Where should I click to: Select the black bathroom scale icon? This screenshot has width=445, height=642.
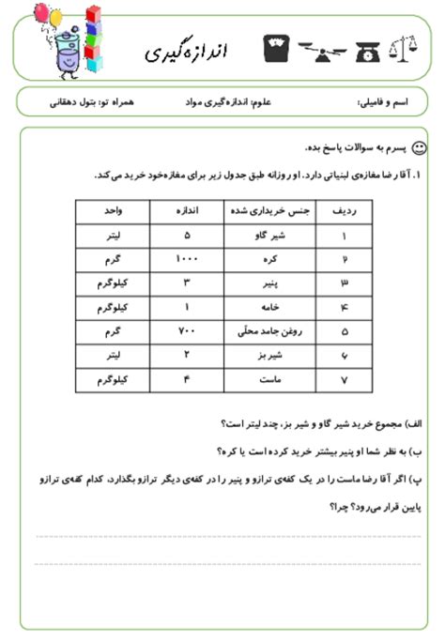[277, 43]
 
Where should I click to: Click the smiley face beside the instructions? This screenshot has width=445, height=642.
[420, 147]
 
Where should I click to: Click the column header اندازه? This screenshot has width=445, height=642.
[187, 211]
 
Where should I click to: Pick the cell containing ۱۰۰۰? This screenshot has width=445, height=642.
[187, 257]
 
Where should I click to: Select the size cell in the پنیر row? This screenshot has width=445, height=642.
[187, 282]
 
